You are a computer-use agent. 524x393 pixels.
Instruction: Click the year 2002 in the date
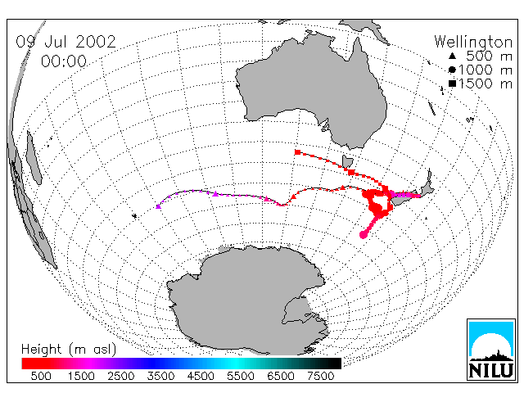pos(96,42)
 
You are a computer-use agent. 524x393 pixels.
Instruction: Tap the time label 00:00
pos(64,61)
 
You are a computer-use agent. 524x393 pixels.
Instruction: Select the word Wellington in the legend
pos(473,43)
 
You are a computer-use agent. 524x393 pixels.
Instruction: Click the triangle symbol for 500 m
pos(452,56)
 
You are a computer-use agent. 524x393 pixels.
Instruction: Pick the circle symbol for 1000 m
pos(452,70)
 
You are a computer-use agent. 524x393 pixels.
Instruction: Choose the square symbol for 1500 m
pos(452,84)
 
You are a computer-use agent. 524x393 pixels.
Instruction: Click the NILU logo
pos(491,350)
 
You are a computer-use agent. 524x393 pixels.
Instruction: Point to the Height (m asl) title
pos(69,350)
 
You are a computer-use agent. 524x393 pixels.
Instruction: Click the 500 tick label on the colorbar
pos(41,377)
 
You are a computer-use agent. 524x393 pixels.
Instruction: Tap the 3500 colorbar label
pos(160,377)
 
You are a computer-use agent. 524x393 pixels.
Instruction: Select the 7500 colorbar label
pos(320,377)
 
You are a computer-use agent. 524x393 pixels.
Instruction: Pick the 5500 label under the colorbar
pos(241,377)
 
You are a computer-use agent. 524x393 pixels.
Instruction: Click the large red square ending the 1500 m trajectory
pos(297,152)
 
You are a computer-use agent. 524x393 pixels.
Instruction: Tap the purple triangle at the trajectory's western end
pos(158,206)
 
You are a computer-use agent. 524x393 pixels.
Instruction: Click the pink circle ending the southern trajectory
pos(363,235)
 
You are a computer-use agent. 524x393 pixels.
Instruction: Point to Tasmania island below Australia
pos(347,162)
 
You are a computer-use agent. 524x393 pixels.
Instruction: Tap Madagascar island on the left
pos(34,157)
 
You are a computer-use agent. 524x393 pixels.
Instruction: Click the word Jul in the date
pos(56,42)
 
